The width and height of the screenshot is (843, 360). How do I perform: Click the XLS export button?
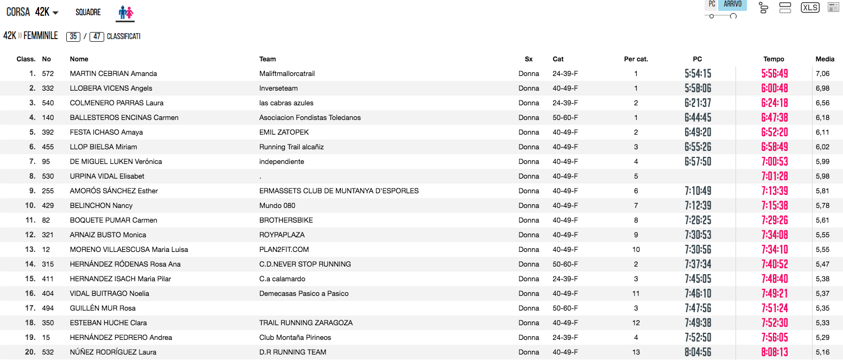[x=810, y=8]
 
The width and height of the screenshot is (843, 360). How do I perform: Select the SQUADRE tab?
[x=88, y=12]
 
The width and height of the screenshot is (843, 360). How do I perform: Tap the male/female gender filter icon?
[x=125, y=12]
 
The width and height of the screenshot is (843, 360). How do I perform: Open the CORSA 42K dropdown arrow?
[x=55, y=13]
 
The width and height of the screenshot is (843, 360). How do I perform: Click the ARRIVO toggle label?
[x=732, y=4]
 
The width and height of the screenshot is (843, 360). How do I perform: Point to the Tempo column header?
[x=774, y=59]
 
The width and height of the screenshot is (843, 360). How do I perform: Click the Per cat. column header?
[x=636, y=59]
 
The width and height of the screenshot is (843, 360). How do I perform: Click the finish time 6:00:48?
[x=775, y=89]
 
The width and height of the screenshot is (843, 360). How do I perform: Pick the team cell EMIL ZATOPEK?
[x=284, y=132]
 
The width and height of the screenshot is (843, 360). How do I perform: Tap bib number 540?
[x=48, y=103]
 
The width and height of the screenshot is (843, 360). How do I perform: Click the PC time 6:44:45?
[x=698, y=118]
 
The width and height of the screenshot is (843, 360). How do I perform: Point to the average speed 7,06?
[x=822, y=74]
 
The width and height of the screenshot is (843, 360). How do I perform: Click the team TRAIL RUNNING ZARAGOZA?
[x=306, y=323]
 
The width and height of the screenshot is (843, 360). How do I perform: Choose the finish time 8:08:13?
[x=775, y=352]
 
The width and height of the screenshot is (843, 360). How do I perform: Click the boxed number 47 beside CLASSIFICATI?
[x=97, y=37]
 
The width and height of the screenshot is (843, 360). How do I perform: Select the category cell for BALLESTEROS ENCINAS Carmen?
[x=565, y=118]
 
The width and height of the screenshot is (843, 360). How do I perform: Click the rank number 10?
[x=30, y=206]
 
